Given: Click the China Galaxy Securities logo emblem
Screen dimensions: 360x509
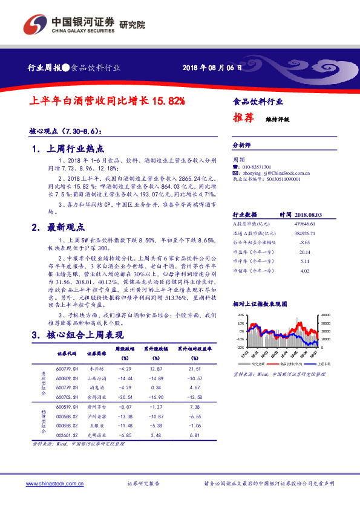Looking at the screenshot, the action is tap(35, 25).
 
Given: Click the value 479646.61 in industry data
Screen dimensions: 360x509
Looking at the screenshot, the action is tap(309, 223).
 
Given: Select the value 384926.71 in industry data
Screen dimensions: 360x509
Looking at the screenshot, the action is tap(309, 232).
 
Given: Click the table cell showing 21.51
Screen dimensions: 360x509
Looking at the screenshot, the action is tap(194, 368).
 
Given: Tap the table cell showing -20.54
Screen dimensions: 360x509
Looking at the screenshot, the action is tap(124, 397).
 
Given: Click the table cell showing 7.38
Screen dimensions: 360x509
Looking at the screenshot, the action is tap(194, 408).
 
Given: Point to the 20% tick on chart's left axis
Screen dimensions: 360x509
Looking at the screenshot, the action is tap(241, 315).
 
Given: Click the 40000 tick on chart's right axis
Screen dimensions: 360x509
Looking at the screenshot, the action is tap(326, 315).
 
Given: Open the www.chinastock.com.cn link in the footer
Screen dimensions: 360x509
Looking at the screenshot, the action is tap(53, 484).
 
